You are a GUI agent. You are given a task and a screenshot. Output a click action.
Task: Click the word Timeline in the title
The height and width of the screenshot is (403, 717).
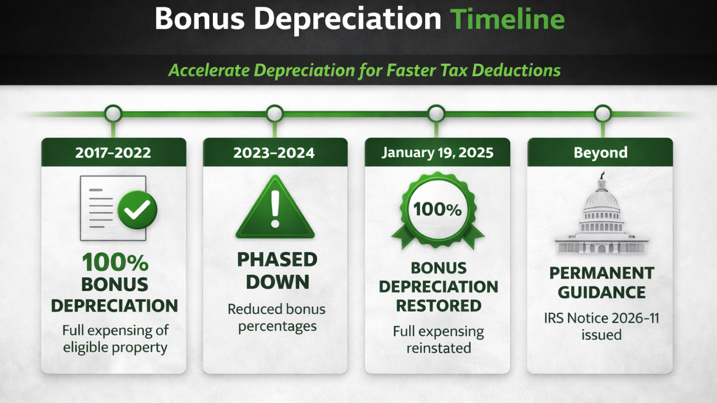[508, 19]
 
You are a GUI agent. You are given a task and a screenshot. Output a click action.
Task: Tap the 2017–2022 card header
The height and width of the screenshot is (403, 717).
[114, 153]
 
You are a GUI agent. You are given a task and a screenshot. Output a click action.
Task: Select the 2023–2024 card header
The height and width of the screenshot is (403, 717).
[275, 153]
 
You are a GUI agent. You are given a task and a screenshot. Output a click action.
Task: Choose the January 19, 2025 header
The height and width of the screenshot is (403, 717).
[437, 153]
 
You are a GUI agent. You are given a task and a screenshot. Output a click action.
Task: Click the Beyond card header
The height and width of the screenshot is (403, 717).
[600, 153]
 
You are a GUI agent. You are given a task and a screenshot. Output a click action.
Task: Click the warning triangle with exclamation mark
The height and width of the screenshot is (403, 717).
[275, 208]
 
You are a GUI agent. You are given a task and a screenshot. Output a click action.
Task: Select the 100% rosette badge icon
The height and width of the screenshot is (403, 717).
[437, 210]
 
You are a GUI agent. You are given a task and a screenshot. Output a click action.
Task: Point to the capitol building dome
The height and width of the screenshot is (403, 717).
[602, 199]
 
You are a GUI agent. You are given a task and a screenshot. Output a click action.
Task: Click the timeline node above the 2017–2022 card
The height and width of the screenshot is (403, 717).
[113, 114]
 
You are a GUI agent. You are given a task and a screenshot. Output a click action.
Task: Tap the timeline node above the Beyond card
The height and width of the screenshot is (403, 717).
[603, 114]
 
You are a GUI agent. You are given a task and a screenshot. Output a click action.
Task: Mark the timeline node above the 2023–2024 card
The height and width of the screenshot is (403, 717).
[274, 114]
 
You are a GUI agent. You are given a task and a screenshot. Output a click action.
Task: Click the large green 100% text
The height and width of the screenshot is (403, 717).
[115, 263]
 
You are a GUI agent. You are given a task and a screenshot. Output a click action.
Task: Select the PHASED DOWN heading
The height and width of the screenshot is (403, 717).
[277, 270]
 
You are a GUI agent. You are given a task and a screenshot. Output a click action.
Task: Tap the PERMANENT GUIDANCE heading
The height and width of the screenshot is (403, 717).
[602, 282]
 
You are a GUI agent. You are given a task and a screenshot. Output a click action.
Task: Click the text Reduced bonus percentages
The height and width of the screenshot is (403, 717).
[276, 317]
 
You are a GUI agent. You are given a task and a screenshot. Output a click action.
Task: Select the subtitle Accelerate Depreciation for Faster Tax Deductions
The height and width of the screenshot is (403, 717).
[364, 71]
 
